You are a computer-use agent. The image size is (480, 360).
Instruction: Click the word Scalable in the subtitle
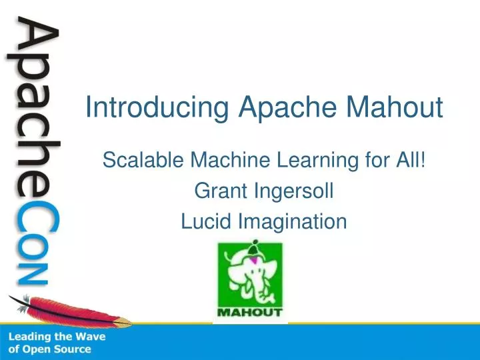[143, 160]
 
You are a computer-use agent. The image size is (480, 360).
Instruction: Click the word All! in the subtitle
[412, 160]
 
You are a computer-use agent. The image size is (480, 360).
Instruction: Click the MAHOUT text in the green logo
[250, 311]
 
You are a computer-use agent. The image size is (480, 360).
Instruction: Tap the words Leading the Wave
[57, 337]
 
